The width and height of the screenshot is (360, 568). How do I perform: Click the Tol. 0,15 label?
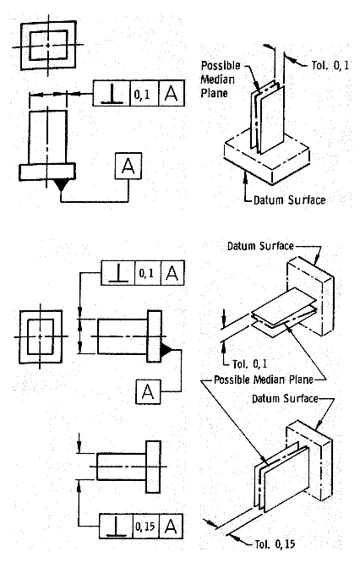tap(275, 544)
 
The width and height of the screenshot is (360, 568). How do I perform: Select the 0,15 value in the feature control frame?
tap(145, 526)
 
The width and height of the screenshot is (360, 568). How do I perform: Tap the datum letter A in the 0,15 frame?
tap(171, 526)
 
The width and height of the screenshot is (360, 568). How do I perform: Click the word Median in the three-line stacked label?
tap(217, 79)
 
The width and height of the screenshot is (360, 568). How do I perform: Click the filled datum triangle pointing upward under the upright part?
tap(61, 185)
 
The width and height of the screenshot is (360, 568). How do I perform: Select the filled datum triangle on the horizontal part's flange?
tap(166, 350)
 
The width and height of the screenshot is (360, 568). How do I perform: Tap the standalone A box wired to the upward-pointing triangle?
tap(128, 166)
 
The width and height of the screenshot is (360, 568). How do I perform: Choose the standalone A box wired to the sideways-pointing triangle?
tap(148, 391)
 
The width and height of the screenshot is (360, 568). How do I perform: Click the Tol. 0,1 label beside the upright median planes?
tap(330, 65)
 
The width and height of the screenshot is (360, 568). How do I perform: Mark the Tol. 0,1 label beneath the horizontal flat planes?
tap(249, 363)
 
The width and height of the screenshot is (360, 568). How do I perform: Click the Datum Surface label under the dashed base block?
tap(289, 200)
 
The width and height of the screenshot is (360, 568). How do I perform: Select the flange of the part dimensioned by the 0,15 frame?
tap(153, 467)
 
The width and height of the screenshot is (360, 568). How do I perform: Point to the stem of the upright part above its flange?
tap(47, 137)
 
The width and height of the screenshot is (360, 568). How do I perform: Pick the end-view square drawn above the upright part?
tap(48, 45)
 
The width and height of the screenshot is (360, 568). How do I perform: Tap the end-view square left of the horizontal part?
tap(41, 336)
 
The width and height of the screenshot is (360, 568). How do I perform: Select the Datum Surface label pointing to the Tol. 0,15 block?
tap(285, 398)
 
